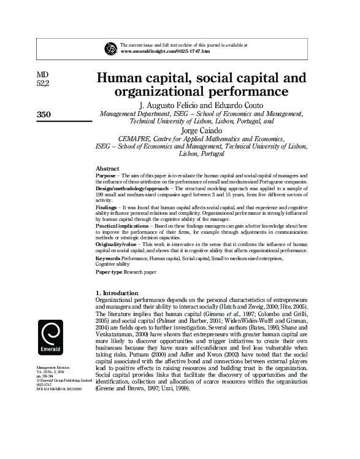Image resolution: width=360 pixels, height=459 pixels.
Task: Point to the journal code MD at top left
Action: pyautogui.click(x=42, y=75)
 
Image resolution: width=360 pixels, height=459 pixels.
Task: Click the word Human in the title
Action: pyautogui.click(x=121, y=79)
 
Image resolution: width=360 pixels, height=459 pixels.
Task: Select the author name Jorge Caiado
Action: pyautogui.click(x=201, y=131)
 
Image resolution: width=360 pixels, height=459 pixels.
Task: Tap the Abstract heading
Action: pyautogui.click(x=108, y=168)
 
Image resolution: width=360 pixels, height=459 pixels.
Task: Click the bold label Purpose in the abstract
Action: pyautogui.click(x=106, y=175)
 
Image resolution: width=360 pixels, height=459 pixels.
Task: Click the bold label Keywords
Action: pyautogui.click(x=109, y=259)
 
